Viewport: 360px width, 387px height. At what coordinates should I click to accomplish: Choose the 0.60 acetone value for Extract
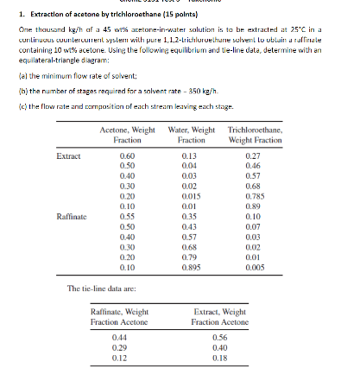(x=126, y=155)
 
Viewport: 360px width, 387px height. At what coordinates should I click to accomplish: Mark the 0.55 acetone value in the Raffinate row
(x=126, y=216)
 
